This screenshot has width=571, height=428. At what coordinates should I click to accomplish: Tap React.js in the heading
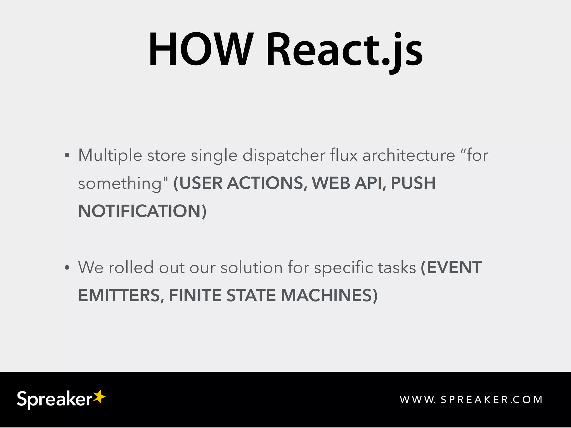[x=344, y=50]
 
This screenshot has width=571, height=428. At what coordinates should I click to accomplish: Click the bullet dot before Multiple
[x=67, y=155]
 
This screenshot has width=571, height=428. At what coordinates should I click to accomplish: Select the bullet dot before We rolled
[x=67, y=268]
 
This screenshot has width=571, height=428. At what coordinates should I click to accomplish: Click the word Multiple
[x=110, y=155]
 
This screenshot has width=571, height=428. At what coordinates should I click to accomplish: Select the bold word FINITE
[x=195, y=295]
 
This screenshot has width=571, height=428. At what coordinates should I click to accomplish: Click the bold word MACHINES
[x=326, y=295]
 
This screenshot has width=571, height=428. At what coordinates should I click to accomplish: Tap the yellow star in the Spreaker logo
[x=99, y=397]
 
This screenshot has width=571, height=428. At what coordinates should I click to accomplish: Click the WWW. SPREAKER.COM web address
[x=471, y=400]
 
